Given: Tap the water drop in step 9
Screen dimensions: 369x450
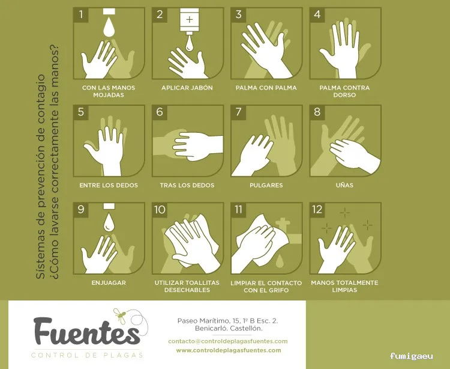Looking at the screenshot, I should click(x=109, y=223).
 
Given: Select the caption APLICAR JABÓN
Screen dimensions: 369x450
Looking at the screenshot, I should click(x=187, y=88).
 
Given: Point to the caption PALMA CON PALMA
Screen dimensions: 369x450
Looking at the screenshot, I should click(x=266, y=88).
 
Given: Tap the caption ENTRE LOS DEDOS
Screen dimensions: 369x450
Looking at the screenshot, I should click(x=109, y=185).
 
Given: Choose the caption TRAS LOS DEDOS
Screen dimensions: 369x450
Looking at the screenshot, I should click(x=187, y=185).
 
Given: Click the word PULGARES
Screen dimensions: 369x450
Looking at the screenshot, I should click(x=266, y=185).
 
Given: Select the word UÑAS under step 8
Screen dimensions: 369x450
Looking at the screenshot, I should click(x=344, y=185).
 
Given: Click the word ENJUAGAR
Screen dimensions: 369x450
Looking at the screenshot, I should click(x=109, y=282).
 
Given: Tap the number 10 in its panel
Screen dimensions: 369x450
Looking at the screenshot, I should click(x=160, y=210).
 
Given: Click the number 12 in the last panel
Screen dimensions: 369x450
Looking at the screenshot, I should click(x=318, y=210).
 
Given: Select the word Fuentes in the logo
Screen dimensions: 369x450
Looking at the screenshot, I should click(x=86, y=332).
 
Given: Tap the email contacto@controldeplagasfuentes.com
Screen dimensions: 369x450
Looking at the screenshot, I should click(x=228, y=341).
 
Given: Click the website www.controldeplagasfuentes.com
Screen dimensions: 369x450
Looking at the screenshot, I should click(x=228, y=350).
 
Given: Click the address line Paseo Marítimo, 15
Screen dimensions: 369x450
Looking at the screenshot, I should click(x=227, y=321).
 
